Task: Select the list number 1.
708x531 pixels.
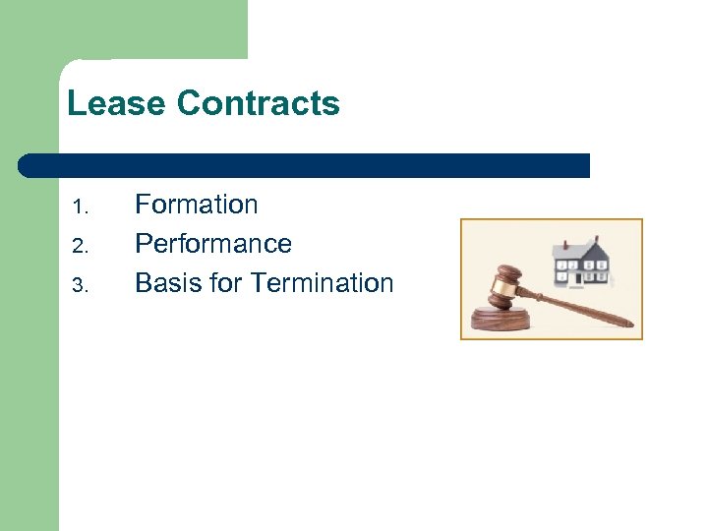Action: [82, 207]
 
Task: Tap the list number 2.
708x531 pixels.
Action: [82, 247]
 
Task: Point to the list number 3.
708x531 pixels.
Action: [82, 286]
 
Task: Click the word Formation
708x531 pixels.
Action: [196, 205]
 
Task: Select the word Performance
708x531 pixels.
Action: [212, 244]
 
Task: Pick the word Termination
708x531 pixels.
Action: [322, 283]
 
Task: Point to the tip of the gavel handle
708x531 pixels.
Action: [629, 324]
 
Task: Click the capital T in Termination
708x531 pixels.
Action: [259, 283]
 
